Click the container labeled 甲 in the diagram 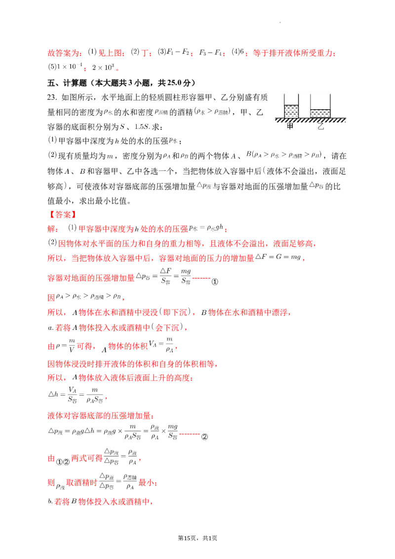(291, 106)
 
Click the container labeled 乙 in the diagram (320, 106)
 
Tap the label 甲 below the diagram (290, 126)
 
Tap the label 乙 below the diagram (321, 126)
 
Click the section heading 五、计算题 (67, 83)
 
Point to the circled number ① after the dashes (215, 281)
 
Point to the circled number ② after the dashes (204, 437)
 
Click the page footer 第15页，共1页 (197, 538)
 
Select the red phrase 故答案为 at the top (64, 53)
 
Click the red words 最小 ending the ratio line (146, 483)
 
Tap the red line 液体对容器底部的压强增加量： (101, 416)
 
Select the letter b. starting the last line (50, 502)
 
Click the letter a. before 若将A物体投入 (51, 327)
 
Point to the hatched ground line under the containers (311, 120)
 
